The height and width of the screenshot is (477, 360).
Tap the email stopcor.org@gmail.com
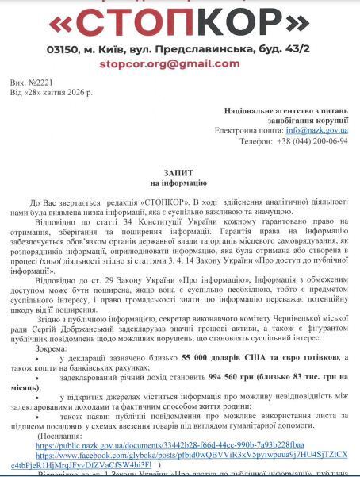179,64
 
